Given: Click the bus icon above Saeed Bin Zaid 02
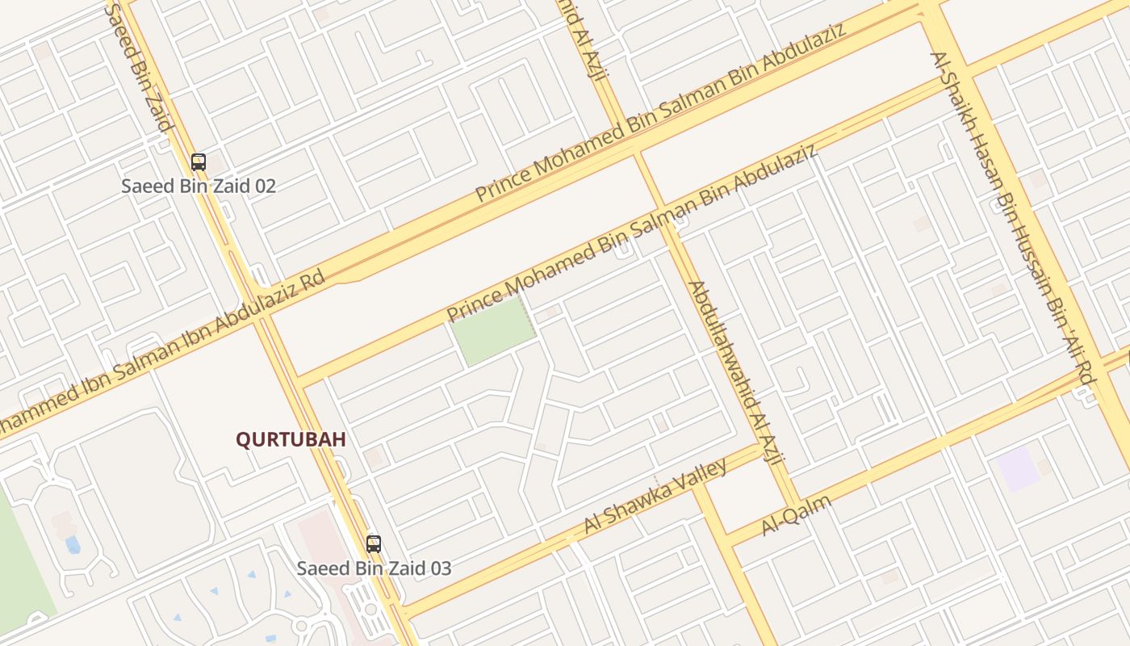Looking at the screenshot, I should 199,161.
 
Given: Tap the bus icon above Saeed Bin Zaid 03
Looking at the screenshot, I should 373,543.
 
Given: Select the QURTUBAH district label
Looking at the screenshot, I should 291,439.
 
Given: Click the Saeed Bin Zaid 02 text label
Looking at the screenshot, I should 199,186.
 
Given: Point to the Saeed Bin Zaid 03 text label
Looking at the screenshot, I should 374,568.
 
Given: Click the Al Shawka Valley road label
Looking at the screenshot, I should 655,496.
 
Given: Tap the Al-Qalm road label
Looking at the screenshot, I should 796,515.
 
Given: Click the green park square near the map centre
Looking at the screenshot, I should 492,331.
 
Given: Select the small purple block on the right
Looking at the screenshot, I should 1017,468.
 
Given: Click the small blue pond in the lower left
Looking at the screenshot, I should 73,545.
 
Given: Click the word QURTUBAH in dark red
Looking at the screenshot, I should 291,439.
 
